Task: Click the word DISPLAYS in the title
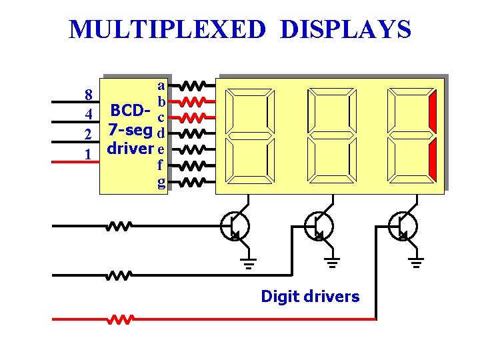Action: [x=346, y=29]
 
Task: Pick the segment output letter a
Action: [x=161, y=85]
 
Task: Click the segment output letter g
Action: [x=161, y=181]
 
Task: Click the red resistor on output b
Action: [x=195, y=102]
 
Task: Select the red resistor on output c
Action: [x=195, y=117]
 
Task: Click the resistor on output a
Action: [x=195, y=86]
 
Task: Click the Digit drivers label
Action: [x=310, y=296]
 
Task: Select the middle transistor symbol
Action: [x=319, y=226]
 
